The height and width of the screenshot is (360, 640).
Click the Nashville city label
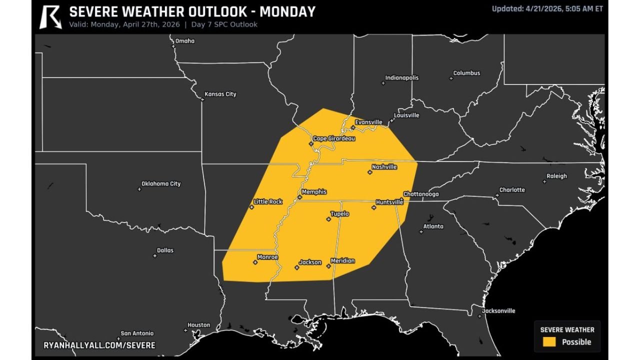click(x=384, y=167)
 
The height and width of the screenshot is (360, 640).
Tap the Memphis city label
click(x=314, y=192)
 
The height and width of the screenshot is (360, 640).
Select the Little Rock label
click(x=268, y=202)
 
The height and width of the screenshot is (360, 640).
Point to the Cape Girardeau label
click(x=333, y=138)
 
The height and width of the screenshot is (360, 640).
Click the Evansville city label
click(x=368, y=122)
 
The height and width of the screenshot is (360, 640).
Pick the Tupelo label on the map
click(x=339, y=214)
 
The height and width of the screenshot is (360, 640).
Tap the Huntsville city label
click(x=389, y=202)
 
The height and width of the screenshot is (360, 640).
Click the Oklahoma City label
click(x=161, y=184)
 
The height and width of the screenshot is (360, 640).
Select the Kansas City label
click(x=220, y=94)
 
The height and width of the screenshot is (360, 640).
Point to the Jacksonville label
click(x=498, y=311)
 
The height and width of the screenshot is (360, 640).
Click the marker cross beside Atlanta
click(x=421, y=231)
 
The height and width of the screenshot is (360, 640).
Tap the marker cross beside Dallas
click(x=154, y=256)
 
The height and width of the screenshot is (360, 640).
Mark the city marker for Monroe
click(x=255, y=262)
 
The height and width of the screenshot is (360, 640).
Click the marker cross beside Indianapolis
click(x=383, y=83)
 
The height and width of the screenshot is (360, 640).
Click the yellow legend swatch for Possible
click(x=549, y=342)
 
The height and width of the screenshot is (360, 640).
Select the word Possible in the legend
click(x=576, y=342)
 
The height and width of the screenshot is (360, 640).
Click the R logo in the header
click(x=50, y=16)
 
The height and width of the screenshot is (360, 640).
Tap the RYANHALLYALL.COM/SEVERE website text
click(x=99, y=345)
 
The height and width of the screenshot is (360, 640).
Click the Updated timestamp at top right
click(x=547, y=8)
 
